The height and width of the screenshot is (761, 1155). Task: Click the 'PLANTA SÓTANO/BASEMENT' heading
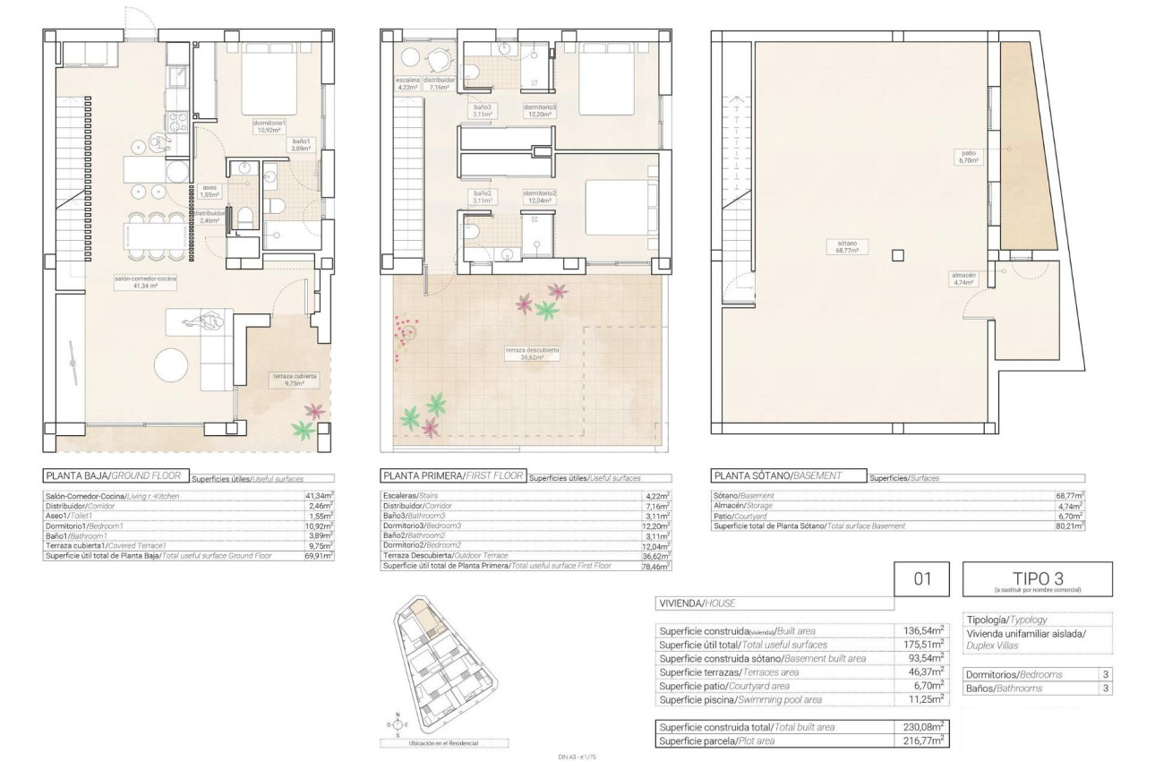click(788, 476)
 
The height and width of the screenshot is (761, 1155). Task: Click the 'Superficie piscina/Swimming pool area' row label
click(740, 699)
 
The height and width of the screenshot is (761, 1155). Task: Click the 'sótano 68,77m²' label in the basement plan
click(847, 247)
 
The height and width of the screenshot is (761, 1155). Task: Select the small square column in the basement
click(898, 256)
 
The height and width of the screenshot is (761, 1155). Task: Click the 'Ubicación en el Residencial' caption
click(443, 743)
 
